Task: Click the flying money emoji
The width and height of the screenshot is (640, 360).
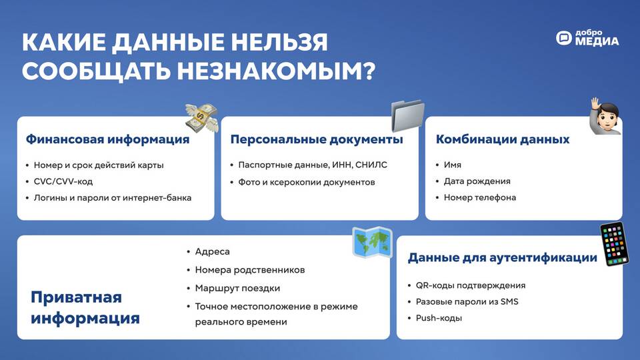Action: coord(201,118)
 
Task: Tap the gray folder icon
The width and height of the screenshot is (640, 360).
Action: coord(408,115)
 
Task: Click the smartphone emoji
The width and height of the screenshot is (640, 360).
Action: coord(614,244)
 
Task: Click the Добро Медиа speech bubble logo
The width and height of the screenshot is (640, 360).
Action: coord(564,38)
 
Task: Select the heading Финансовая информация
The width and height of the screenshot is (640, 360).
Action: coord(108,139)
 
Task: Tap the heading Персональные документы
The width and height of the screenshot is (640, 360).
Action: coord(317,139)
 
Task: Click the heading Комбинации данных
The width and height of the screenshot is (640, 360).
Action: coord(503,139)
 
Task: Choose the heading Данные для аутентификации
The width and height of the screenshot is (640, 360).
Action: coord(503,258)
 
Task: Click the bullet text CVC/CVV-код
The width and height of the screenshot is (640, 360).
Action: coord(63,181)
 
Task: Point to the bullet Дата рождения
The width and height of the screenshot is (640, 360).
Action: coord(477,181)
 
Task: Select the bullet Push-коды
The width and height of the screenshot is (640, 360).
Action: coord(439,318)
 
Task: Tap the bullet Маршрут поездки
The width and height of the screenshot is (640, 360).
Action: coord(237,288)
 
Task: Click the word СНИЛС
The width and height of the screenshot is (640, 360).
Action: coord(371,165)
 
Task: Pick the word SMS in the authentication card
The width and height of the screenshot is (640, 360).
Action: coord(509,301)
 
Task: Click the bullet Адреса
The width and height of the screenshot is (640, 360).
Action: coord(212,252)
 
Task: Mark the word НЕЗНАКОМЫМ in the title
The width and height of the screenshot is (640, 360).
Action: coord(276,71)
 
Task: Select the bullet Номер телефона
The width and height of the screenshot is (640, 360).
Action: coord(480,197)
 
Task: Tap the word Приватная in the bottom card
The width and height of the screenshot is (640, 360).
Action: coord(76,297)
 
